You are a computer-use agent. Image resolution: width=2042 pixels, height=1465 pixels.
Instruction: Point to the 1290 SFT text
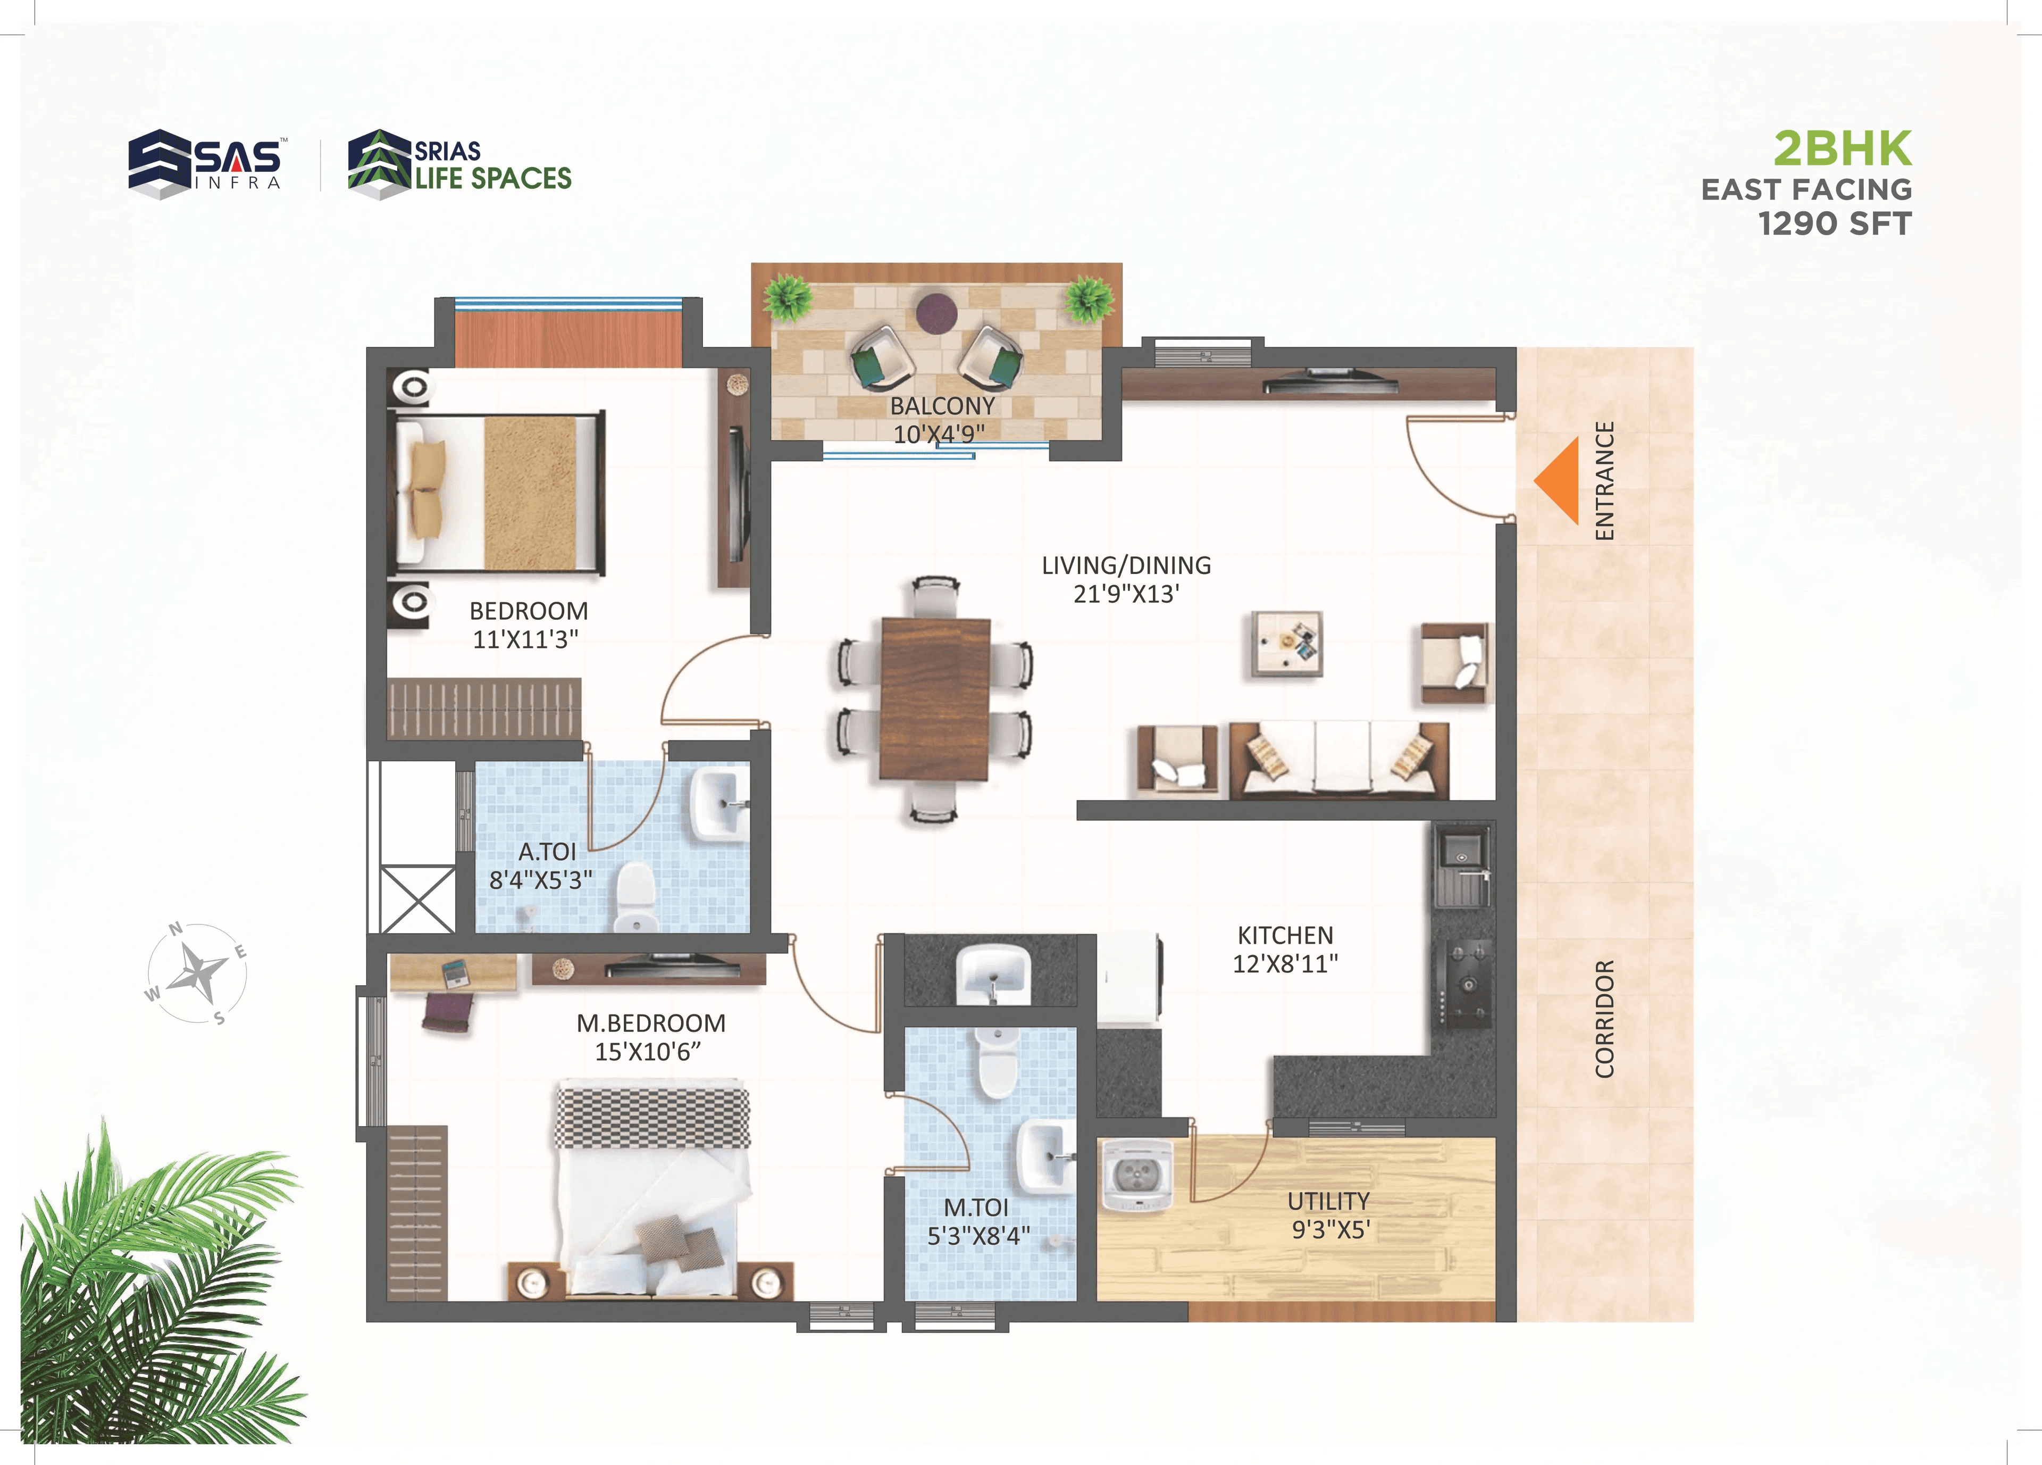[1834, 223]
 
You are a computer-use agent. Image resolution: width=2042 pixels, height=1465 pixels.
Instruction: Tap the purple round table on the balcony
[936, 312]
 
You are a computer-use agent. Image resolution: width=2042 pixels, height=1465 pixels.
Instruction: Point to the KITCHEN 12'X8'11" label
[1285, 949]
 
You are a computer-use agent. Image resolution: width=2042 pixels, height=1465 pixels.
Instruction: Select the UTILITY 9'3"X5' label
[1329, 1214]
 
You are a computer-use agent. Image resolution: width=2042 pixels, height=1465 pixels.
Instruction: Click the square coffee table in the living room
[1286, 643]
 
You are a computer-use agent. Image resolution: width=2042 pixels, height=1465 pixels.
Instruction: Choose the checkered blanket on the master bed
[652, 1117]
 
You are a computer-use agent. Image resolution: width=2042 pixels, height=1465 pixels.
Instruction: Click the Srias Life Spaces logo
[459, 164]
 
